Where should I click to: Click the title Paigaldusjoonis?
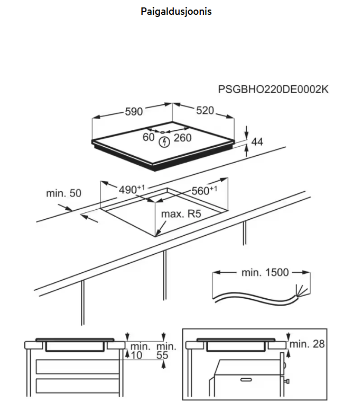177,11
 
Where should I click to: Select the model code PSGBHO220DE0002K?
273,90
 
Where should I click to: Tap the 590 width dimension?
134,112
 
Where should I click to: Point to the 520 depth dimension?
205,111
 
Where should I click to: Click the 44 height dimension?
257,141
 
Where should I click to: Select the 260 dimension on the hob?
182,138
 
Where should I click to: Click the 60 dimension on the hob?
148,138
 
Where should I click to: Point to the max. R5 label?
182,213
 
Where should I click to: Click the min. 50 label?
63,193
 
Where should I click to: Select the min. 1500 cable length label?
265,273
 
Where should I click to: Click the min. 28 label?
307,344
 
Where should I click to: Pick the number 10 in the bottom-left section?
136,356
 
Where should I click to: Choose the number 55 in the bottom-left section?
162,356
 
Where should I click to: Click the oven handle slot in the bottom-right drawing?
248,380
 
